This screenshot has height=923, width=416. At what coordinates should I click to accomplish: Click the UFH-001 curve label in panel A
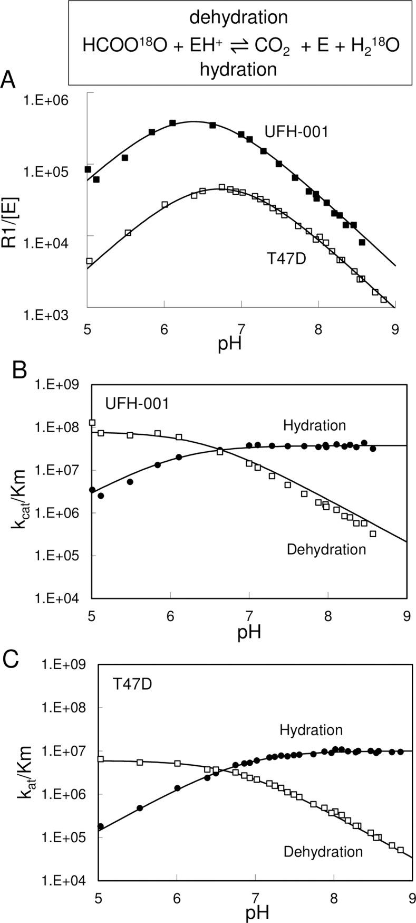point(297,131)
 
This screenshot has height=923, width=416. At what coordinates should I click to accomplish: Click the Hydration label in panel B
point(314,425)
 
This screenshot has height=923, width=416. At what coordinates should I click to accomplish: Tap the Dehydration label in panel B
point(326,549)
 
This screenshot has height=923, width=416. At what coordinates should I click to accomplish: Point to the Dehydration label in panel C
point(323,851)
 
